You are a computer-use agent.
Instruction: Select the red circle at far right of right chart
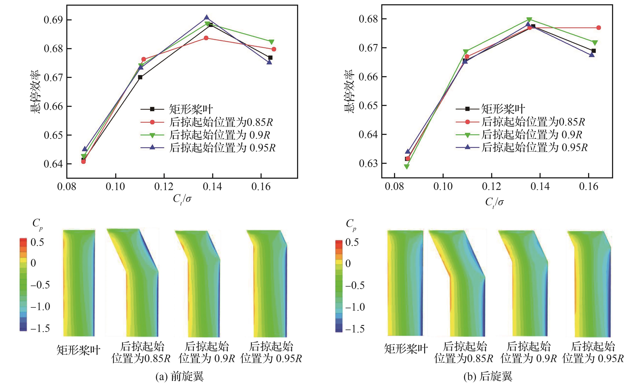pos(599,28)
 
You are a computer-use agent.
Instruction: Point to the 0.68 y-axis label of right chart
pos(368,19)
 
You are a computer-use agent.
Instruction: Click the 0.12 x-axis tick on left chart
pos(164,187)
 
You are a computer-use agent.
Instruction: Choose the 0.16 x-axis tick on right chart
pos(588,187)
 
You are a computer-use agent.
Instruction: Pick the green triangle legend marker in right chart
pos(467,135)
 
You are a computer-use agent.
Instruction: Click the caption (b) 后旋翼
pos(488,376)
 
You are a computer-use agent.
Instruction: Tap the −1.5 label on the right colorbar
pos(355,329)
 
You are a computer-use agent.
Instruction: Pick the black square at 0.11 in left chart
pos(140,77)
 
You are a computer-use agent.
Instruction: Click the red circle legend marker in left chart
pos(152,122)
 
